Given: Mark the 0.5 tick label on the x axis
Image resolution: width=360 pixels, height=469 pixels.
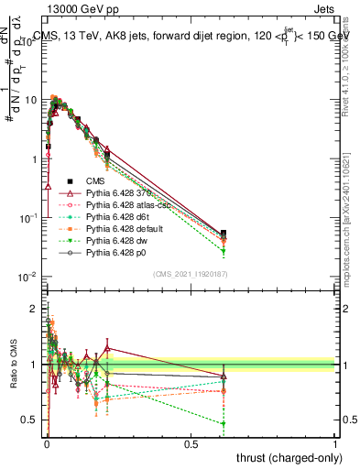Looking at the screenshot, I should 191,443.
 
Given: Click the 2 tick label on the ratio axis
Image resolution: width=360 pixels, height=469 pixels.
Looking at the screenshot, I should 34,308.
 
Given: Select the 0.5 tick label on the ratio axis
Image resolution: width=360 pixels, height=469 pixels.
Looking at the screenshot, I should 30,421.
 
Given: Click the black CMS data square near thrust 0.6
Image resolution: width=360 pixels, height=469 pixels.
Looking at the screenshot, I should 224,234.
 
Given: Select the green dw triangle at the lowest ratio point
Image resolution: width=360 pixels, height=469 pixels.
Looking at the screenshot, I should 224,423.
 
